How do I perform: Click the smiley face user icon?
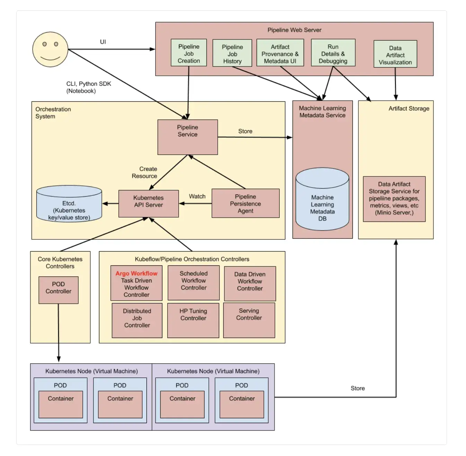(50, 49)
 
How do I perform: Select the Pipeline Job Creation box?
(189, 53)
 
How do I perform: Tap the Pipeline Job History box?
(232, 53)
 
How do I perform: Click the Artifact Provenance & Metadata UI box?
(280, 53)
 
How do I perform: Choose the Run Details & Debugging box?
(333, 53)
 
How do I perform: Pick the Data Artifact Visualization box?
(395, 54)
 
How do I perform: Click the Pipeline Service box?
(188, 137)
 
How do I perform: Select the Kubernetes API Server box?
(149, 204)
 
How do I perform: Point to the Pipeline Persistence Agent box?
(245, 203)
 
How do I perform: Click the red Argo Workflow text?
(136, 273)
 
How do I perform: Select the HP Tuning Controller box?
(193, 320)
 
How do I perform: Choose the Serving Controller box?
(249, 320)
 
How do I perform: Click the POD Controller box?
(59, 290)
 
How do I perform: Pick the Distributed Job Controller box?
(137, 320)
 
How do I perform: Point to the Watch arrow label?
(197, 196)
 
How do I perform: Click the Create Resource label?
(145, 172)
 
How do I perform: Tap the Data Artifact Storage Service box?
(394, 199)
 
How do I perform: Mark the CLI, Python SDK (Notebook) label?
(88, 87)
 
